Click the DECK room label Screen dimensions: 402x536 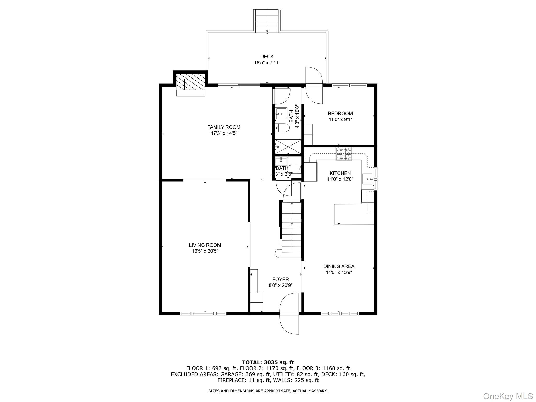(x=267, y=57)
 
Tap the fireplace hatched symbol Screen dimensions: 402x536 (x=190, y=81)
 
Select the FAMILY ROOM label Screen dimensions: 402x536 (x=224, y=127)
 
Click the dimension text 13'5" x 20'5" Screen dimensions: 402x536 (x=205, y=251)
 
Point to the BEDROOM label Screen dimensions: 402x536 (x=340, y=114)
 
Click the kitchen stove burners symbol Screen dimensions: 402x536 (x=344, y=154)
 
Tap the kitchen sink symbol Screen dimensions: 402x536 (x=368, y=179)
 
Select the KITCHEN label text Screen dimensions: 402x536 (x=340, y=173)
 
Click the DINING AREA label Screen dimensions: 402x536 (x=339, y=266)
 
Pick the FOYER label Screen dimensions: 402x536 (x=281, y=280)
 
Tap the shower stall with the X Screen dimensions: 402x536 (x=288, y=147)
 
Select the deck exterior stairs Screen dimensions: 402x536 (x=267, y=21)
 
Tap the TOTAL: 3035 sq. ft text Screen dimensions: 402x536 (x=268, y=362)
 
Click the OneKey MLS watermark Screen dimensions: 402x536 (x=508, y=396)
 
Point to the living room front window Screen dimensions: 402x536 (x=203, y=313)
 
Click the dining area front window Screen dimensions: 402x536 (x=339, y=313)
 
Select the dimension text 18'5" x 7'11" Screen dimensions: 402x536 (x=267, y=63)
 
